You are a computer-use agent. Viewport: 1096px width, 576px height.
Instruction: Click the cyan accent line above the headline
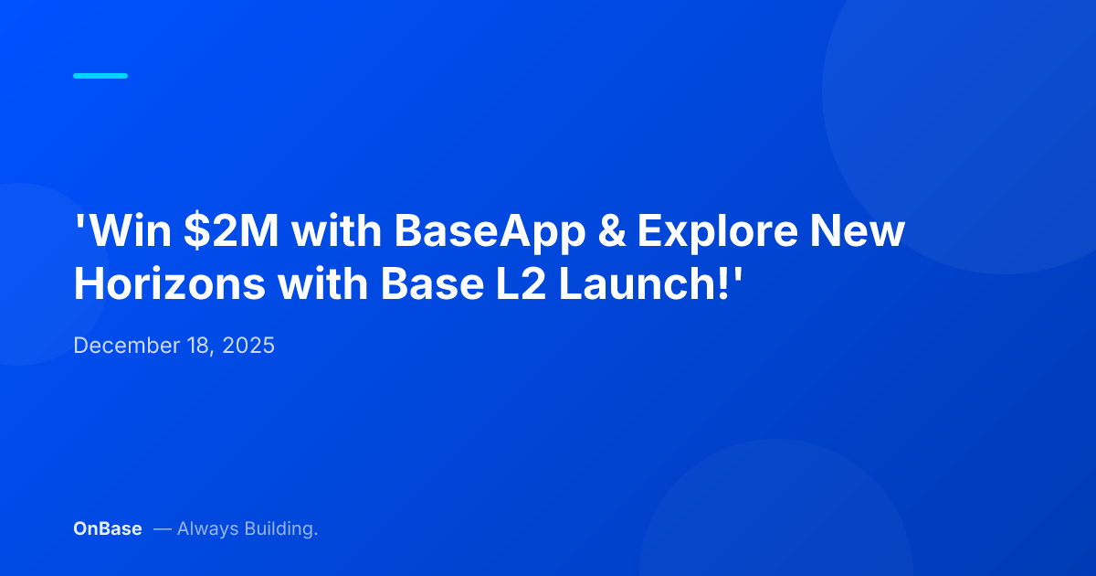click(x=100, y=76)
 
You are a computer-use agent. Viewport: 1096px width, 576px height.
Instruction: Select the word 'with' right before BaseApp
click(x=337, y=232)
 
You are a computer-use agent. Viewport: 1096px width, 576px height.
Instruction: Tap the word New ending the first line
click(x=867, y=232)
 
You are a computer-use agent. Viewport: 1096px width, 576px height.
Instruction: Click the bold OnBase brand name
click(x=108, y=528)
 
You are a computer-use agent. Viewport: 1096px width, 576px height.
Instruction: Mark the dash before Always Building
click(x=162, y=528)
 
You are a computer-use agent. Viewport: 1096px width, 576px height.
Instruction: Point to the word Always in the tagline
click(x=207, y=528)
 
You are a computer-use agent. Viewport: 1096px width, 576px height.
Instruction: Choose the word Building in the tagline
click(x=280, y=529)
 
